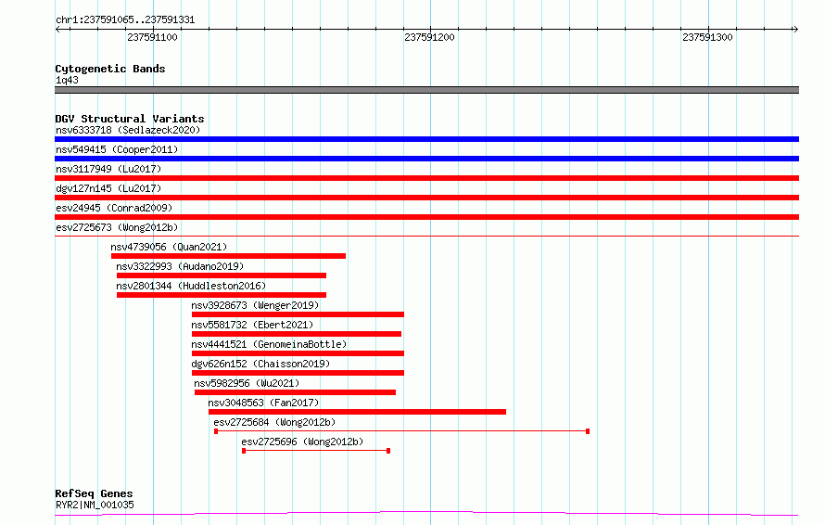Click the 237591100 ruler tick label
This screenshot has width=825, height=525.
click(152, 37)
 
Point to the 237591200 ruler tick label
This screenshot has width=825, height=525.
click(429, 37)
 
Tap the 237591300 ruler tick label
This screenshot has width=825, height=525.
click(707, 37)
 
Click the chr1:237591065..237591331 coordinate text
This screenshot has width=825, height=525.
click(125, 20)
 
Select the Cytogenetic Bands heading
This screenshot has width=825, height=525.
click(110, 69)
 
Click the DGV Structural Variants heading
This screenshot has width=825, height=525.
click(130, 119)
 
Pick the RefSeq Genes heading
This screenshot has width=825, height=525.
click(94, 493)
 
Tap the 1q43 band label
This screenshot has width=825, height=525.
click(67, 80)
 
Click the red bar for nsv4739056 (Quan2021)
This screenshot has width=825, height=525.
click(228, 256)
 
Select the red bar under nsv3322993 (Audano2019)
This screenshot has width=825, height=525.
click(222, 275)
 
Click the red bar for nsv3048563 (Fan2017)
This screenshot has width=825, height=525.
click(357, 412)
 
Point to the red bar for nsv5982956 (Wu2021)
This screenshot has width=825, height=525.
click(295, 392)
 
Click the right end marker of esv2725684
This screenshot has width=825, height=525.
click(588, 431)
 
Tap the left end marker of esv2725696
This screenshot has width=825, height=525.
click(244, 451)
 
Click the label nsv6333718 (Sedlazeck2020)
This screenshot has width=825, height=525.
click(128, 130)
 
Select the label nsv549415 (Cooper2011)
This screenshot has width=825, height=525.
click(117, 149)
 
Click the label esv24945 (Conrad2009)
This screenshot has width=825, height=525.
click(114, 208)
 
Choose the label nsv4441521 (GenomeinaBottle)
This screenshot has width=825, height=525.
click(269, 344)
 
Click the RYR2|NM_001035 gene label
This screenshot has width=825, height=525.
click(95, 505)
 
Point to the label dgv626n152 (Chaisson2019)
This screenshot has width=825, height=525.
click(260, 364)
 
